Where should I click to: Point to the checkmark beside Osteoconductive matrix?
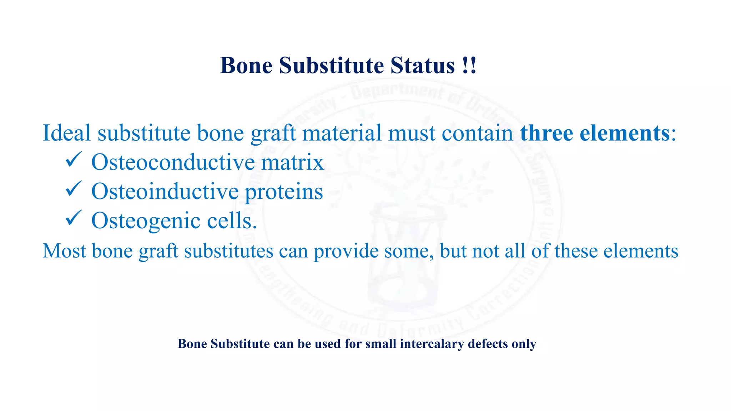(74, 159)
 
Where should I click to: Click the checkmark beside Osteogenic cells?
(74, 218)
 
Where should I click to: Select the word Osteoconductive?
(173, 162)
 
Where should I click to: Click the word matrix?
(292, 162)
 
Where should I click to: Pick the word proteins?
(284, 192)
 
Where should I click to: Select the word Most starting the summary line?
(64, 250)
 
